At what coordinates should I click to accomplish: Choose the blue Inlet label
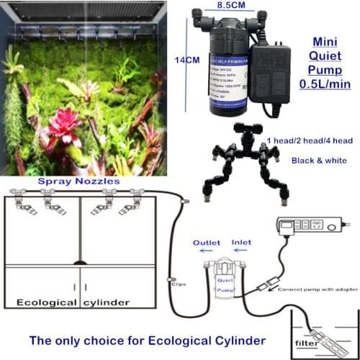click(x=241, y=243)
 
